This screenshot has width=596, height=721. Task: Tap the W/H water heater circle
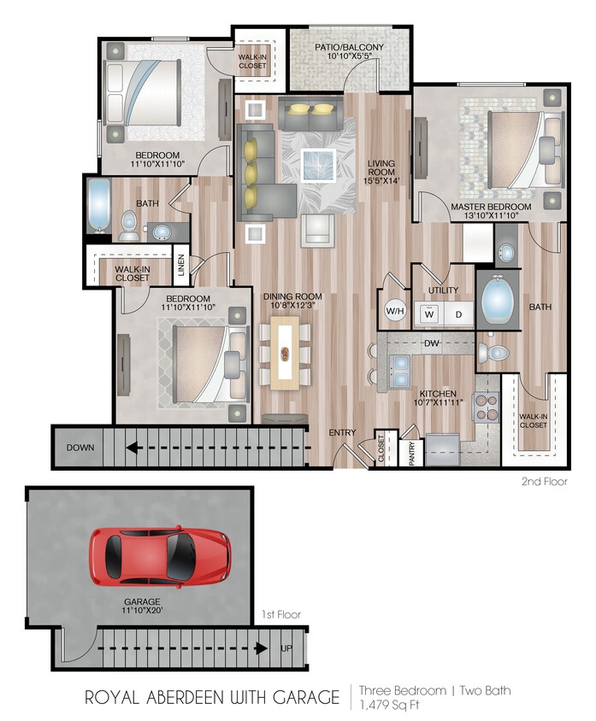pos(395,311)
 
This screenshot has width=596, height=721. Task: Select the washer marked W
pos(428,314)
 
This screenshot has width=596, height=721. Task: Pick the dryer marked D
pos(457,314)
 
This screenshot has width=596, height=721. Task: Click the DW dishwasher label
pos(431,343)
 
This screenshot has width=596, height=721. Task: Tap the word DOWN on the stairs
pos(82,447)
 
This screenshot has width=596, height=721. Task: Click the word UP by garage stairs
pos(286,648)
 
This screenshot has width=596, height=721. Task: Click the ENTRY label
pos(342,433)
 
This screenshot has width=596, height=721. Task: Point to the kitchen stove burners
pos(486,407)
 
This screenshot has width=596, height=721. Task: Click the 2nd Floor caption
pos(544,483)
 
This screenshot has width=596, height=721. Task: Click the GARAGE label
pos(142,602)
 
